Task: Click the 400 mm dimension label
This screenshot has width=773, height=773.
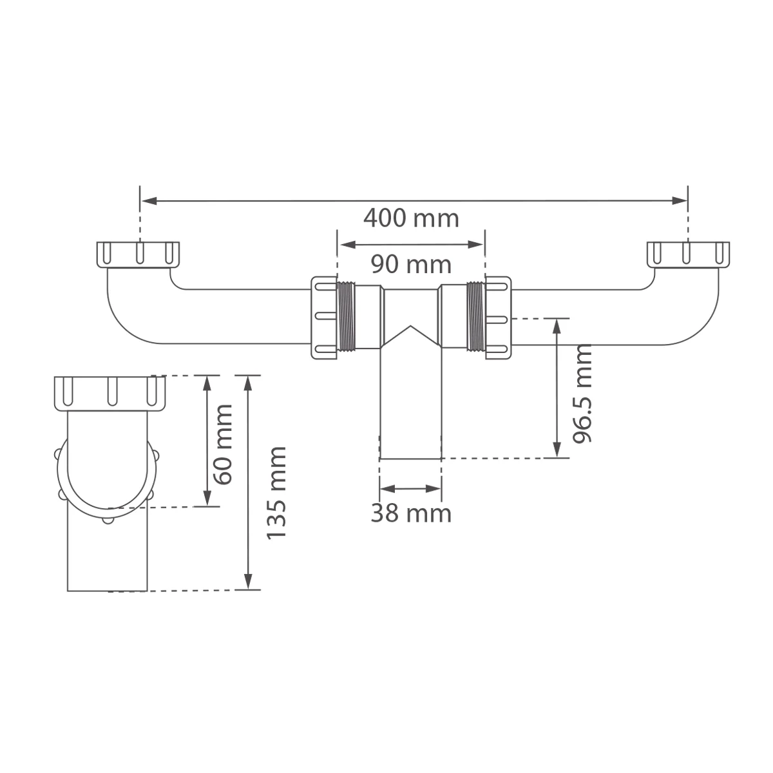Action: tap(411, 218)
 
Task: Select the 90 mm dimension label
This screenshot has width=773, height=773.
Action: tap(410, 264)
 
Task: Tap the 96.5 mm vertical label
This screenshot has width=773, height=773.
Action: tap(582, 394)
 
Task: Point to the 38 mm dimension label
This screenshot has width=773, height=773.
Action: tap(410, 513)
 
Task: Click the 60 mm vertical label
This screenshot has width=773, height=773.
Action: tap(224, 444)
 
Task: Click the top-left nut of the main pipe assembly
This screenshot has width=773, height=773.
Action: tap(138, 254)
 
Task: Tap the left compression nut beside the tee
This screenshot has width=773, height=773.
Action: tap(324, 317)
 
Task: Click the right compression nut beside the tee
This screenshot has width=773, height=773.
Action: tap(498, 317)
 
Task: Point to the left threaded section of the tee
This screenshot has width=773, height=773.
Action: tap(347, 317)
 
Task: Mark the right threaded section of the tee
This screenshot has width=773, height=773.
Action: tap(475, 317)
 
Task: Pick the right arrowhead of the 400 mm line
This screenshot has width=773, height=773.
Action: tap(680, 200)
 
